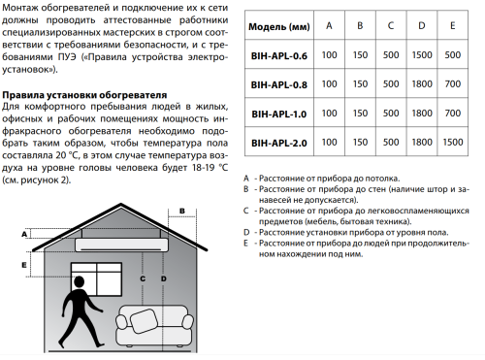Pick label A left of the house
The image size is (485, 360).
pos(23,233)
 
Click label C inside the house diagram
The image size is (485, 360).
pos(144,278)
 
